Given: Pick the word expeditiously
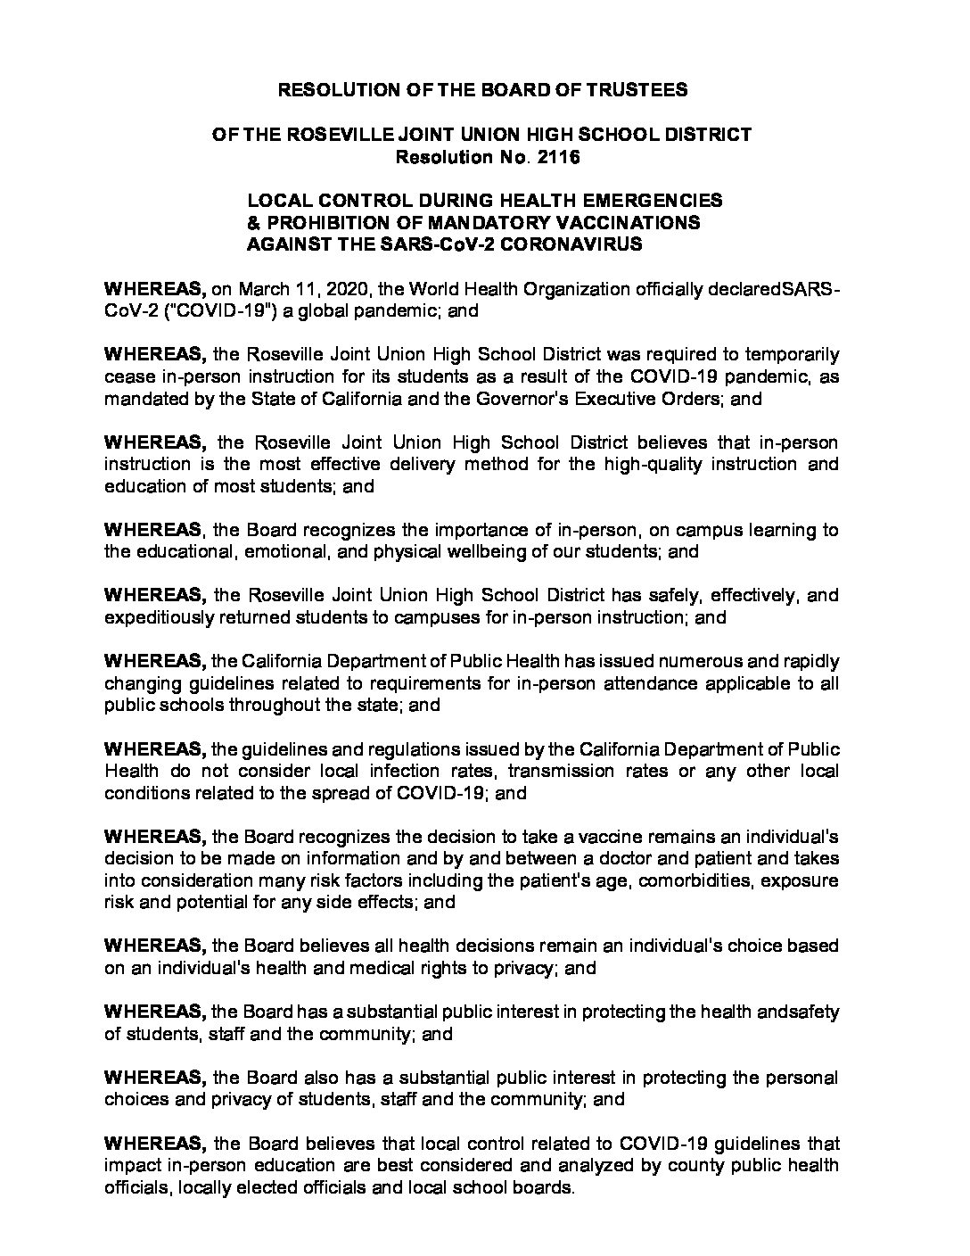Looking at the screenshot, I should tap(159, 617).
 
